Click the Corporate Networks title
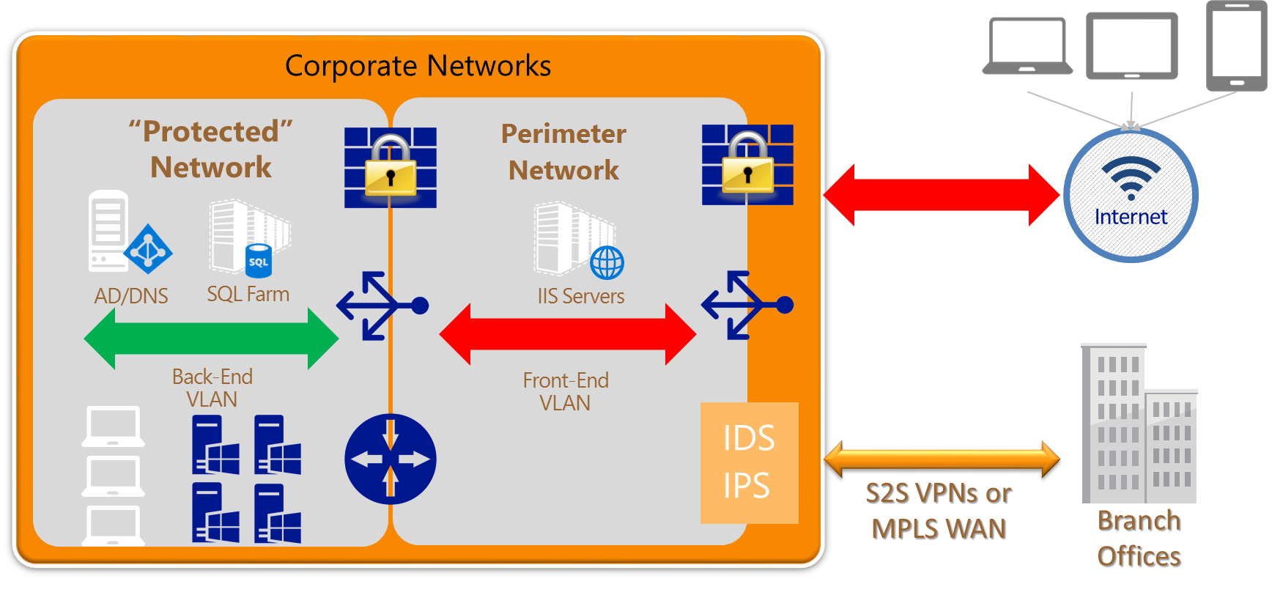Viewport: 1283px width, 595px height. click(x=418, y=66)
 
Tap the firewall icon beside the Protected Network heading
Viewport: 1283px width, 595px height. click(x=391, y=167)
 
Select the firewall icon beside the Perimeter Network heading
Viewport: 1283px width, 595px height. click(x=747, y=164)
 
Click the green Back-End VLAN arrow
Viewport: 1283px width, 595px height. click(x=211, y=339)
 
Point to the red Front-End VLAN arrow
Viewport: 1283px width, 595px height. click(x=567, y=334)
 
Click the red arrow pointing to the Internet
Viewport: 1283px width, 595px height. click(x=942, y=195)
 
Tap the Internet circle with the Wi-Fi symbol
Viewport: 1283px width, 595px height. click(x=1131, y=195)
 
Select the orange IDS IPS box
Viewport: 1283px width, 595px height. click(x=749, y=462)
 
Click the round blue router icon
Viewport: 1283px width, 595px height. click(x=391, y=459)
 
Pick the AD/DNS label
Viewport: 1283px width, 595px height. click(x=131, y=296)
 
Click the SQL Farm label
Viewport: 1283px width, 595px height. click(x=248, y=295)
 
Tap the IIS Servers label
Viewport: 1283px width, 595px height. click(x=581, y=297)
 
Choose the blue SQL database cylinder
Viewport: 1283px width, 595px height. click(x=258, y=262)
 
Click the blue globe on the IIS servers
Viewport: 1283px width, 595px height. click(x=607, y=262)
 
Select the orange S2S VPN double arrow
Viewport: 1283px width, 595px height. click(x=942, y=459)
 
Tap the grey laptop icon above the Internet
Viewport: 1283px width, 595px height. click(x=1027, y=47)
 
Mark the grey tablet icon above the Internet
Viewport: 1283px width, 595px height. click(x=1132, y=46)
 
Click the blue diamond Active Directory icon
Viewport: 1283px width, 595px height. click(x=148, y=249)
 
